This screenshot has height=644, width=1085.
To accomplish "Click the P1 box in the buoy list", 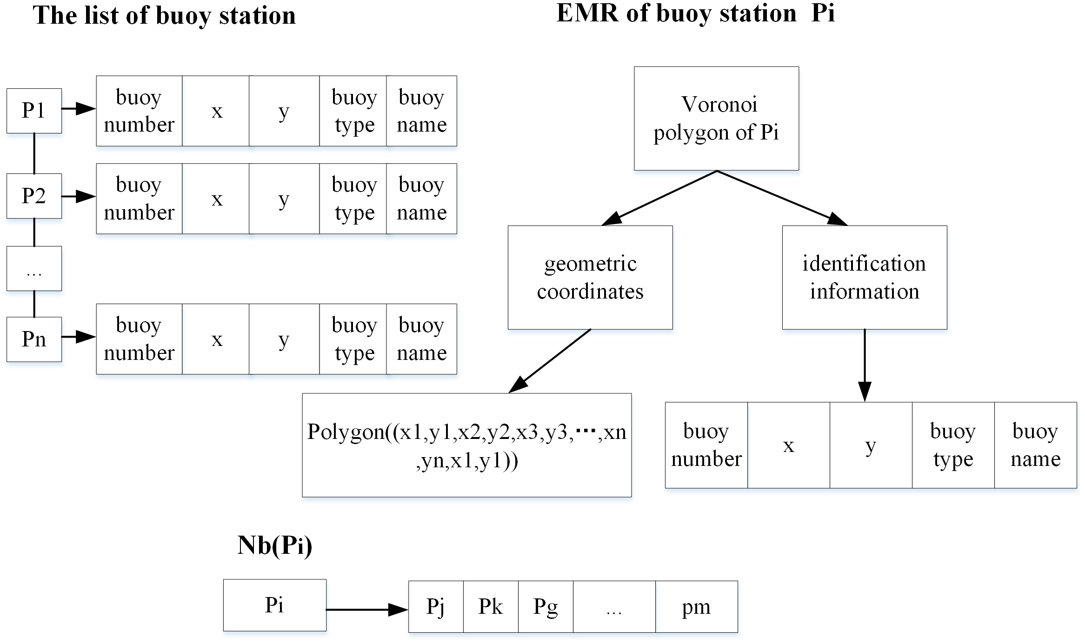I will [34, 111].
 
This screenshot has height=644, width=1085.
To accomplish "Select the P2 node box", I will [34, 196].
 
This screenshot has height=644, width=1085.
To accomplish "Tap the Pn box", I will [34, 339].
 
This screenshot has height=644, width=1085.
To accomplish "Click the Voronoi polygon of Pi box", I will [716, 119].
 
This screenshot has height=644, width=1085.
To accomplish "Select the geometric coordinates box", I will [590, 278].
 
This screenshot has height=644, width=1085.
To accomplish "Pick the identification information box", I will [864, 278].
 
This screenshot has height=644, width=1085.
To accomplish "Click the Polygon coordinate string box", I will [466, 445].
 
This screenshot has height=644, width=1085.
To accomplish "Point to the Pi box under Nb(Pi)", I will [274, 605].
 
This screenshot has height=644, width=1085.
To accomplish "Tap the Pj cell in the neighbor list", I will [436, 606].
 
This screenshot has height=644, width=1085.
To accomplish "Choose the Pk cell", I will [491, 606].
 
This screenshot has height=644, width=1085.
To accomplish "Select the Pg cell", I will [546, 606].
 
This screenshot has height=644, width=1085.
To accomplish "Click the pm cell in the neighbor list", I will [696, 606].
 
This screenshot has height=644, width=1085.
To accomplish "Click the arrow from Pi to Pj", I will [367, 609].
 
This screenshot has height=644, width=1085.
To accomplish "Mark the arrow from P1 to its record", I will [79, 109].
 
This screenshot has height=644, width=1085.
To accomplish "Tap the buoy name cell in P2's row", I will [421, 199].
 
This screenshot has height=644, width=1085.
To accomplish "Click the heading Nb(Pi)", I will [274, 545].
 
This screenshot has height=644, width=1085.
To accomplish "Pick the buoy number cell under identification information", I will [706, 445].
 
